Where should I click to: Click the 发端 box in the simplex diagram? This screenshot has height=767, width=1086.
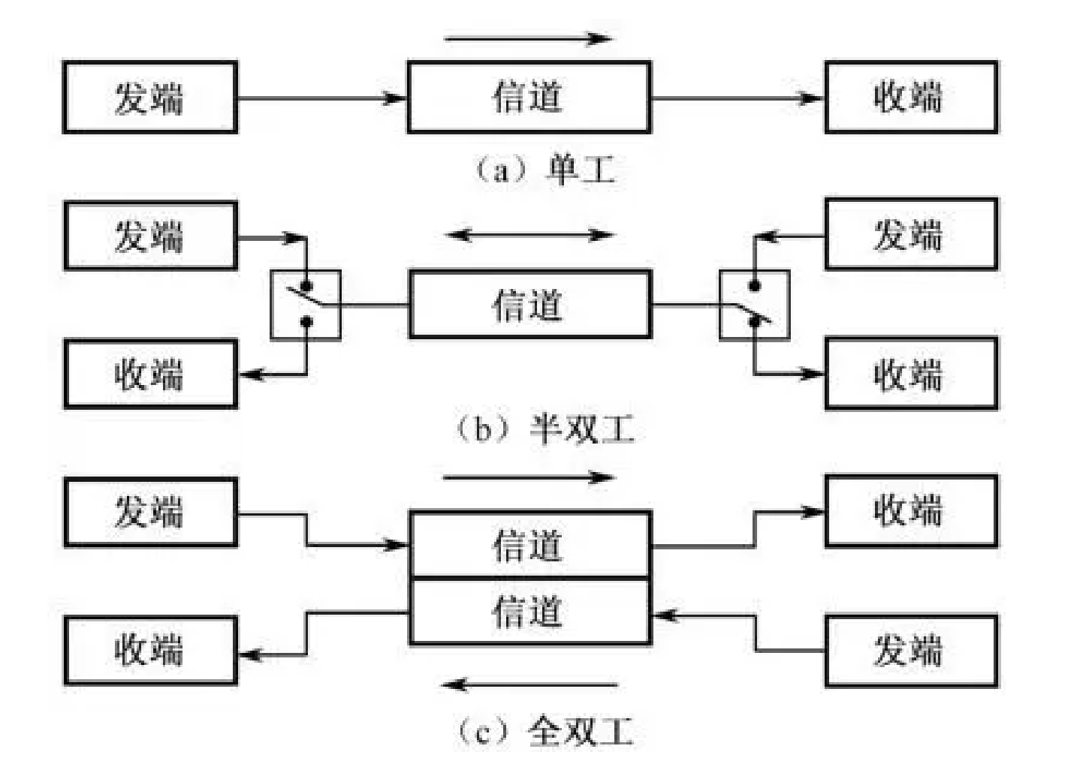[150, 98]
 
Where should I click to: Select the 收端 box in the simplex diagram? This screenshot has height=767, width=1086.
[911, 98]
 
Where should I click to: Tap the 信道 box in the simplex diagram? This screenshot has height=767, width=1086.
[529, 98]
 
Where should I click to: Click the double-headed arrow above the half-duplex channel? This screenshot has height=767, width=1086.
[530, 235]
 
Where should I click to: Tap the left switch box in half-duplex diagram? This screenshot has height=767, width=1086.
[306, 305]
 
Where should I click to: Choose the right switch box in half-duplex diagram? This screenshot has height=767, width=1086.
[754, 305]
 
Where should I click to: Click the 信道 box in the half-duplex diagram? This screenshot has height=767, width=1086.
[529, 305]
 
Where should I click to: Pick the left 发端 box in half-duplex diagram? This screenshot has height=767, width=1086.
[150, 236]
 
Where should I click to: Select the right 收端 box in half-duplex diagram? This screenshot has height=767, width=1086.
[911, 374]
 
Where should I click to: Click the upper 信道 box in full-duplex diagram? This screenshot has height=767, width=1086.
[529, 545]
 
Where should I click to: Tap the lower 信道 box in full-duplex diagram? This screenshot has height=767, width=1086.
[529, 611]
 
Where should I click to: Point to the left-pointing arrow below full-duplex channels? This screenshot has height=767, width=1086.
[529, 684]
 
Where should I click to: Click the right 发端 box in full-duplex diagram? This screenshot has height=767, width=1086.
[911, 650]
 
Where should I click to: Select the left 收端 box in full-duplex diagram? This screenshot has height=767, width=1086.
[150, 650]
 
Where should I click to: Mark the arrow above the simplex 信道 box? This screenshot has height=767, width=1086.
[529, 38]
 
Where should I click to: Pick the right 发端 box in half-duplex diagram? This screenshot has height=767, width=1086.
[911, 234]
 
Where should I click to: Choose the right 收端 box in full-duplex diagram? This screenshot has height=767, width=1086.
[911, 510]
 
